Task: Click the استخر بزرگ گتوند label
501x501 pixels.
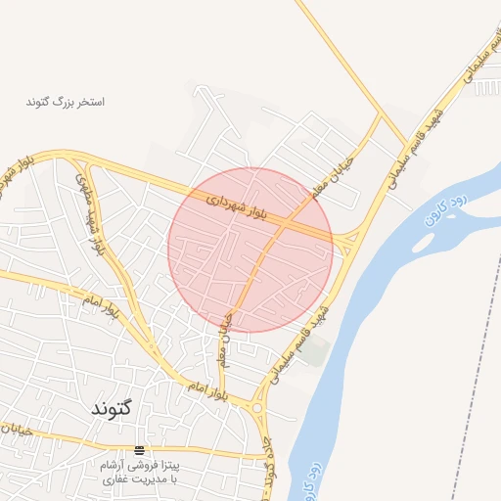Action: click(66, 101)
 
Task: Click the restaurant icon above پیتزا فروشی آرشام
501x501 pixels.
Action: click(139, 450)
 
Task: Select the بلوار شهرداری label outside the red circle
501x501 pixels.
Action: click(22, 168)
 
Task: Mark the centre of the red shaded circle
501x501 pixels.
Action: click(250, 250)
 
